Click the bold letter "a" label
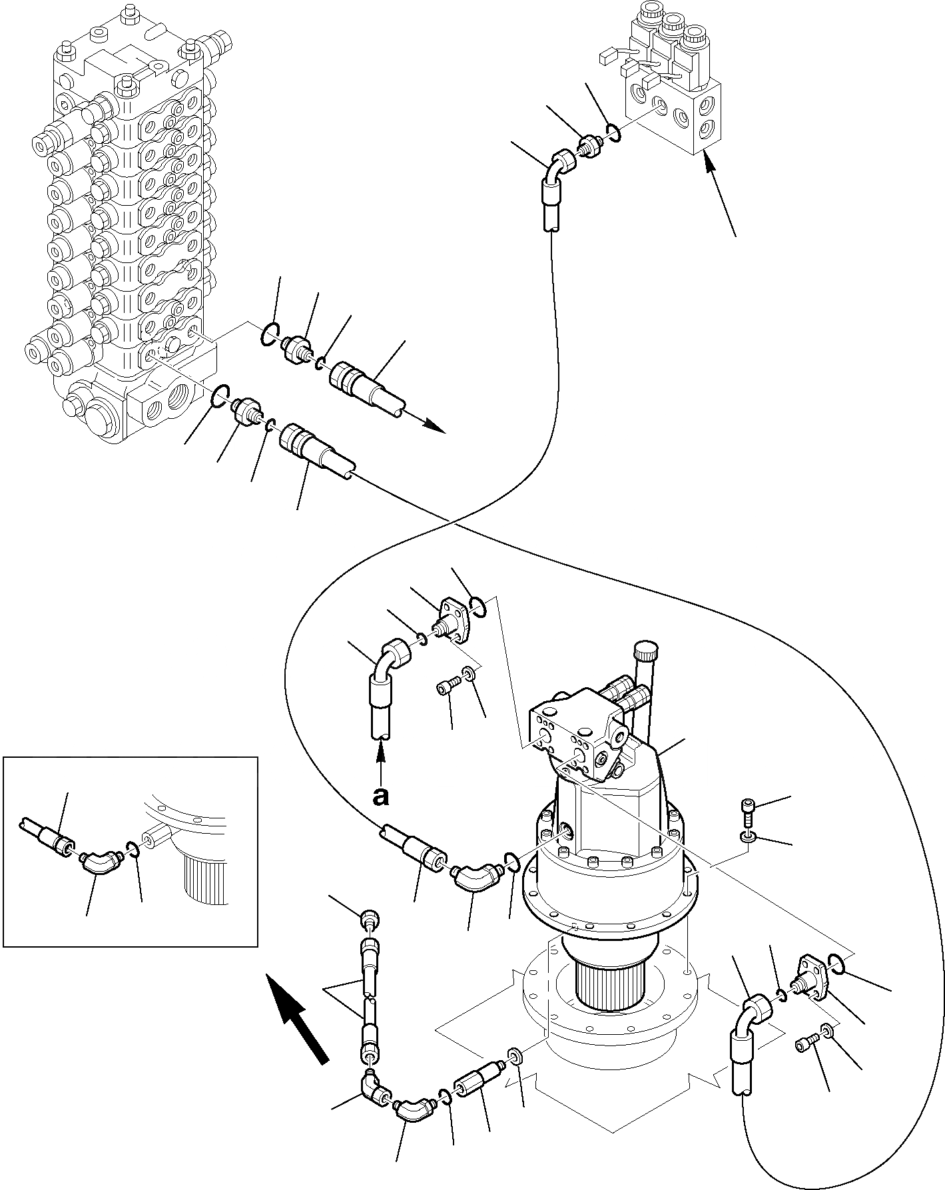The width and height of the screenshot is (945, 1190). tap(380, 798)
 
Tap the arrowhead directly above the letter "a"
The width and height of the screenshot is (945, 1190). tap(381, 752)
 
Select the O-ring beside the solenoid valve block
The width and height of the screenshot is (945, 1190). tap(615, 133)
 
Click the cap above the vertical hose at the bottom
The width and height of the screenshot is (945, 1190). tap(371, 920)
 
